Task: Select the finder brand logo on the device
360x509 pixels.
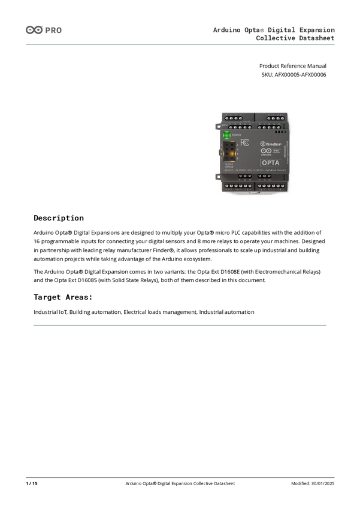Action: pyautogui.click(x=270, y=144)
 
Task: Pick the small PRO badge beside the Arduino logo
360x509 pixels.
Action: pyautogui.click(x=276, y=152)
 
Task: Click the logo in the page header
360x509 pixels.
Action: pyautogui.click(x=43, y=30)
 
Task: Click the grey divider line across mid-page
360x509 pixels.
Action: pyautogui.click(x=180, y=326)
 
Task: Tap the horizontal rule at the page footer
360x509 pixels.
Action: pyautogui.click(x=180, y=477)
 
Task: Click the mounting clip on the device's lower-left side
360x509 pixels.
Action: pyautogui.click(x=217, y=175)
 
